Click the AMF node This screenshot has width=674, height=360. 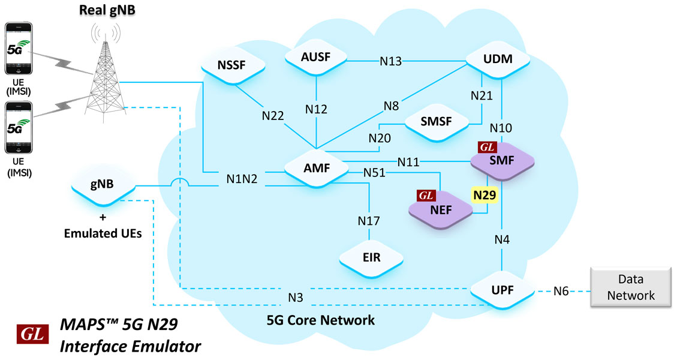coord(317,168)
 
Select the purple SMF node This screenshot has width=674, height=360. coord(502,161)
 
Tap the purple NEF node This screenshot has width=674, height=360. coord(441,210)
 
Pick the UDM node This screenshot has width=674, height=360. coord(498,59)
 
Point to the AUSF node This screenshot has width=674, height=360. coord(316,57)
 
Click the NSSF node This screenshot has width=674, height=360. coord(233,65)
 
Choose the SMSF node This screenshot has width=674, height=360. coord(437,122)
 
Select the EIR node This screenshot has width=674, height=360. coord(371,257)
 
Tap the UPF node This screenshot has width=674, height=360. coord(502,290)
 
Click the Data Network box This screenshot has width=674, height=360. coord(631,287)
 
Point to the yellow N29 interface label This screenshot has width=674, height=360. coord(485,195)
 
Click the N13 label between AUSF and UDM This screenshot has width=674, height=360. coord(391,62)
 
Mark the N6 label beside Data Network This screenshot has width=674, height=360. coord(561,291)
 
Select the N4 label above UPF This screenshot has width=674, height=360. coord(502,239)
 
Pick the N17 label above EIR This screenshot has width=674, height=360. coord(369,221)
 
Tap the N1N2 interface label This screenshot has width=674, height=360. coord(242,179)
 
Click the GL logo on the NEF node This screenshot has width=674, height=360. coord(426,196)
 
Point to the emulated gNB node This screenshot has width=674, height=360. coord(103,184)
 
